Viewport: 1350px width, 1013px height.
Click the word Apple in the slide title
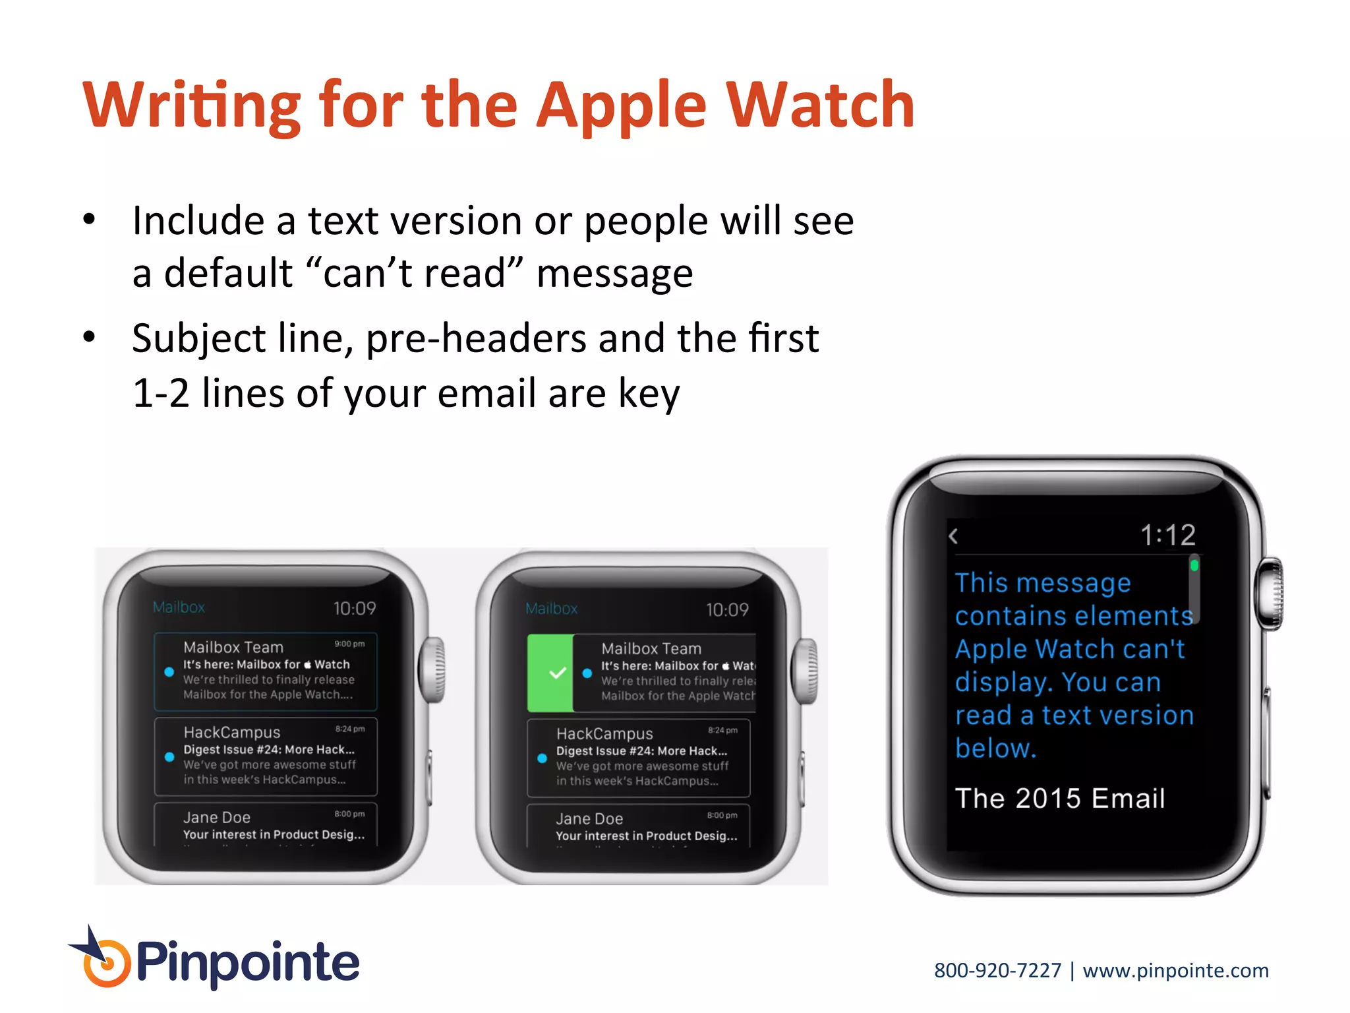pyautogui.click(x=621, y=106)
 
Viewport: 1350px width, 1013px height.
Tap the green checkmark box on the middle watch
pyautogui.click(x=550, y=673)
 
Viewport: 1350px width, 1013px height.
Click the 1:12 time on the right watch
pyautogui.click(x=1167, y=535)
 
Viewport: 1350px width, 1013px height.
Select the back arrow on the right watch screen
pyautogui.click(x=953, y=536)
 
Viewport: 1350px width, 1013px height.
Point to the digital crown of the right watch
pyautogui.click(x=1269, y=594)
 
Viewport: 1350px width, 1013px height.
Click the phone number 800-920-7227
pyautogui.click(x=997, y=970)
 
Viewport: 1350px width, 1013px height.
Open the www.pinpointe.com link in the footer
pyautogui.click(x=1175, y=970)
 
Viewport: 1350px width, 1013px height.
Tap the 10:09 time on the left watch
pyautogui.click(x=354, y=608)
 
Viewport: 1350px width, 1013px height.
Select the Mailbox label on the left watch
pyautogui.click(x=179, y=607)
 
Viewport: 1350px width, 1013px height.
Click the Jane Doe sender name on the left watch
pyautogui.click(x=217, y=818)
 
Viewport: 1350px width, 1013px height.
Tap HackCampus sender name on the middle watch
pyautogui.click(x=604, y=734)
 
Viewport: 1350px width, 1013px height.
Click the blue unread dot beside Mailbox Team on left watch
pyautogui.click(x=169, y=672)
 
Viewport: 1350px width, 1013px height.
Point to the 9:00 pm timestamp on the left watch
pyautogui.click(x=349, y=644)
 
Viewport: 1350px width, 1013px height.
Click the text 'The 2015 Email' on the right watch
pyautogui.click(x=1060, y=799)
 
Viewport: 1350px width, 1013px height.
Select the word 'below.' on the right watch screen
pyautogui.click(x=995, y=749)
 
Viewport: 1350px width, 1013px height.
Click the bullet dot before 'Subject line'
pyautogui.click(x=90, y=338)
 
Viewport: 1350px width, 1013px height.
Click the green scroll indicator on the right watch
pyautogui.click(x=1194, y=566)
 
